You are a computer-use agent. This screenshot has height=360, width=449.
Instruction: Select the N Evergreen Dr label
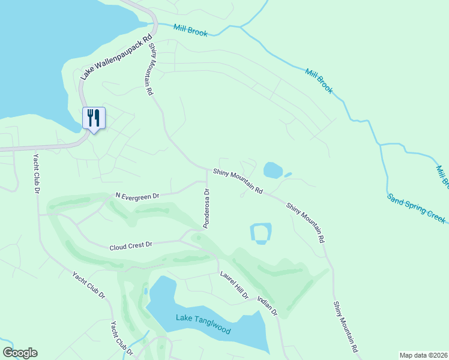coord(137,196)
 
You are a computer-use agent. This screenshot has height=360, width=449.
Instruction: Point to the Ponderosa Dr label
coord(206,209)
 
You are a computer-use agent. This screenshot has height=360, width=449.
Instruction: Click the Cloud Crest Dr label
coord(131,246)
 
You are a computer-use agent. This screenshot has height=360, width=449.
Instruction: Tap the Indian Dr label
coord(268,305)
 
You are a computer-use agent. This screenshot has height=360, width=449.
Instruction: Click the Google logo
coord(20,353)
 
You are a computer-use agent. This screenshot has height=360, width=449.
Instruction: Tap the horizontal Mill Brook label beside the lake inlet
coord(190,31)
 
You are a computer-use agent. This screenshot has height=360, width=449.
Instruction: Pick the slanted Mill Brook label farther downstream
coord(319,80)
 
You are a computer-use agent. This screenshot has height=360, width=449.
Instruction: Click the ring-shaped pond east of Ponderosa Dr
coord(261,233)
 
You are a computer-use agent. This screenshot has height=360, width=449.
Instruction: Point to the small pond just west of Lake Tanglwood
coord(145,291)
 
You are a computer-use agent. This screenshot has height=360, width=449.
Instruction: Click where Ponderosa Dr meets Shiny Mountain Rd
coord(208,169)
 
